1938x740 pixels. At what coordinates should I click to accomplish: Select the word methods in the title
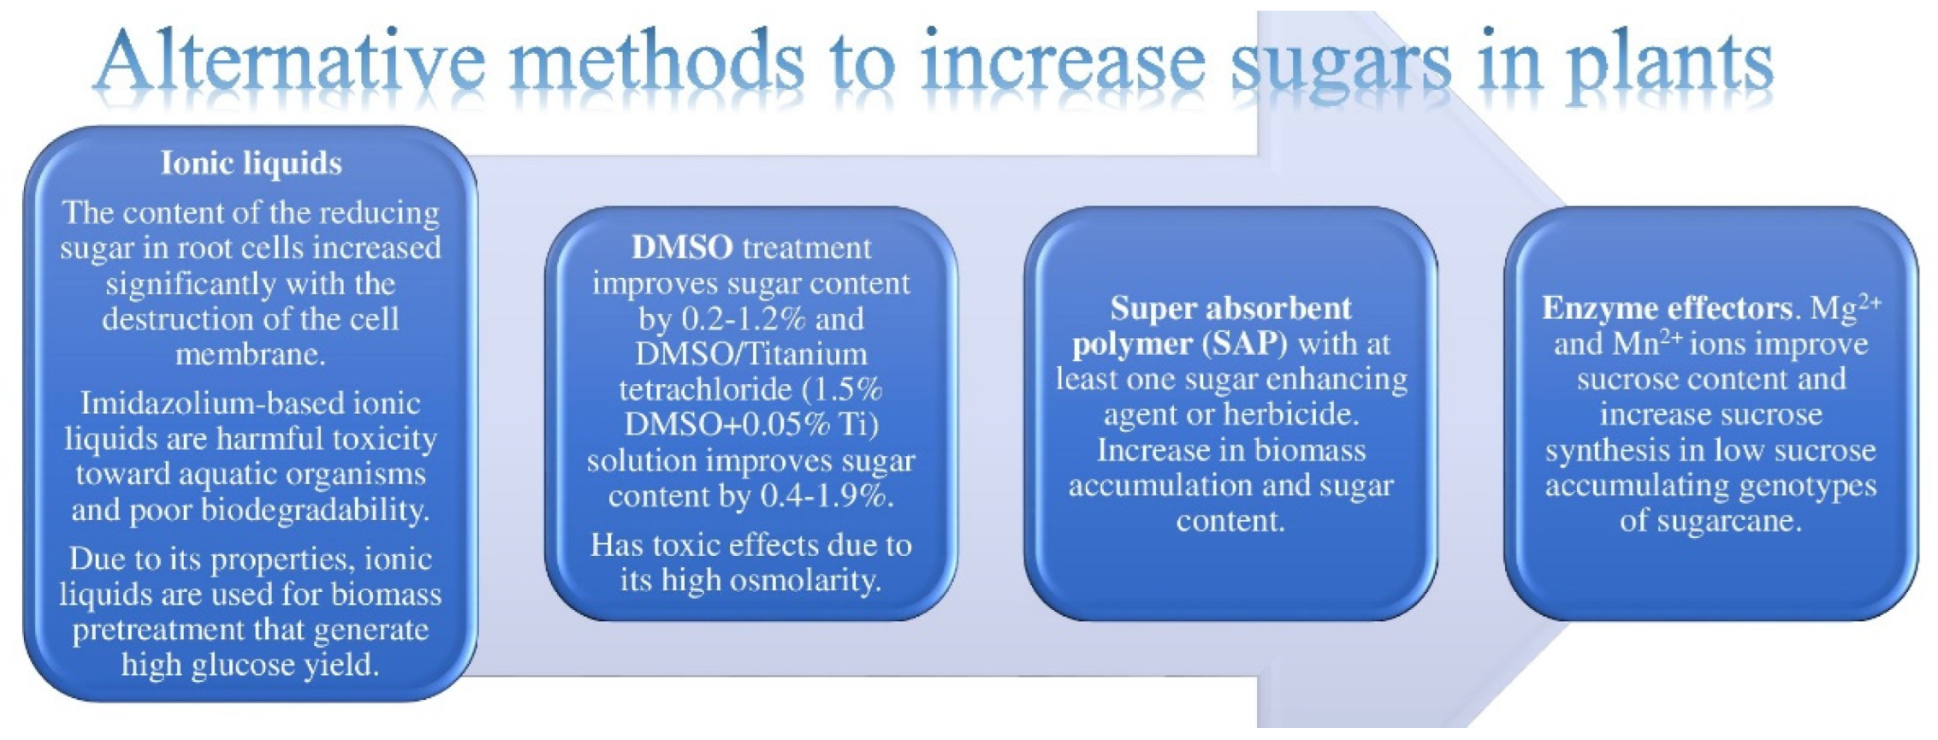tap(655, 61)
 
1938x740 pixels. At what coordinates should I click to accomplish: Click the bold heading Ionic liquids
tap(252, 163)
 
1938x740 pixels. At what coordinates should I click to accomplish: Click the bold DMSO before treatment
tap(681, 248)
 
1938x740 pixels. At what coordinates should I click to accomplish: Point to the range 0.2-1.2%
tap(744, 319)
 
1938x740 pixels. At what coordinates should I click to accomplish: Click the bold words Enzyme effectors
tap(1668, 309)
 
